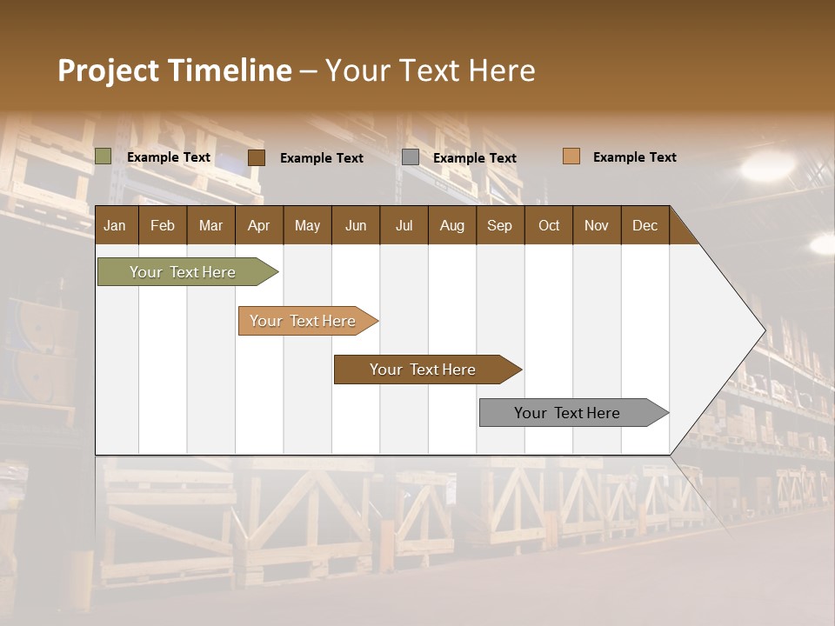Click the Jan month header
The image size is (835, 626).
point(115,225)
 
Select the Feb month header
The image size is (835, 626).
point(163,225)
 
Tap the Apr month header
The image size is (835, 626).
point(258,225)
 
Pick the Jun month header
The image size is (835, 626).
point(356,225)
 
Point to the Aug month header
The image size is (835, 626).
point(451,225)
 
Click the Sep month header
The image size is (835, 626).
point(499,225)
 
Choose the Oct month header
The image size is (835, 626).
point(549,225)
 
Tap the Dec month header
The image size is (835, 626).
point(645,225)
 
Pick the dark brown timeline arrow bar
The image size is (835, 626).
point(424,370)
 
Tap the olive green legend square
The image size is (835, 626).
point(103,156)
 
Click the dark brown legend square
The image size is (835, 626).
point(256,157)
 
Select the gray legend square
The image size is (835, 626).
point(411,157)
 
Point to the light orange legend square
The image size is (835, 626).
point(571,156)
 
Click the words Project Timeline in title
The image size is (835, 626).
point(174,70)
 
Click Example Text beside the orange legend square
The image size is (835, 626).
point(634,157)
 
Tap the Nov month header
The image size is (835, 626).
point(596,225)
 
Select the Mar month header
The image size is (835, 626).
point(210,225)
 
